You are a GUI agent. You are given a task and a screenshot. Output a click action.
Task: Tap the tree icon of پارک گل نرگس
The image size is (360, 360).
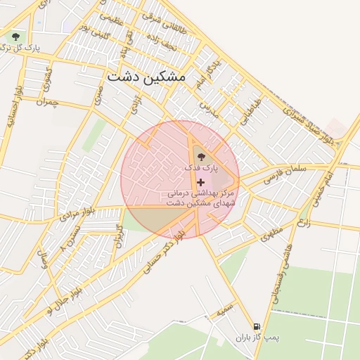click(x=15, y=35)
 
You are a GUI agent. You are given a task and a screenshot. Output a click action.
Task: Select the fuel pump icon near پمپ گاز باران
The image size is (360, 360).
click(x=257, y=326)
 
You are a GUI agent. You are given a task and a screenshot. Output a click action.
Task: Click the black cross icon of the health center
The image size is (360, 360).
click(x=201, y=182)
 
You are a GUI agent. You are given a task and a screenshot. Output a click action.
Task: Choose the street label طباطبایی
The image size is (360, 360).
click(x=251, y=111)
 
